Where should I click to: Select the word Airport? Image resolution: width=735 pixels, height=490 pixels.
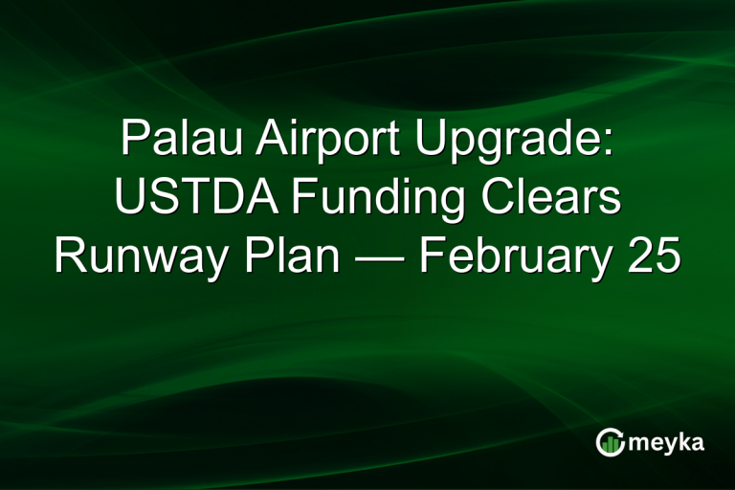point(315,143)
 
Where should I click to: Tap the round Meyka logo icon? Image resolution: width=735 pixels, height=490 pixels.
point(610,442)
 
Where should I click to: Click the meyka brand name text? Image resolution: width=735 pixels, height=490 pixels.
point(666,443)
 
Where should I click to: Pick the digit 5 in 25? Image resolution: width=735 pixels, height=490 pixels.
point(667,256)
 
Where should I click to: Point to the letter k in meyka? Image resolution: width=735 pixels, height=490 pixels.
point(682,441)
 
